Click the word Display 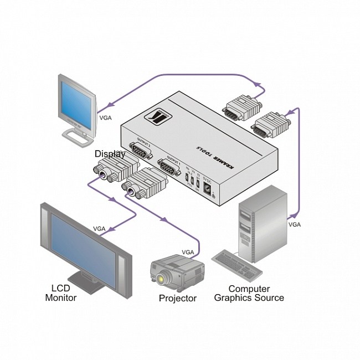click(110, 153)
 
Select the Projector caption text click(177, 299)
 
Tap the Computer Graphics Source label click(249, 293)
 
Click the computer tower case click(264, 222)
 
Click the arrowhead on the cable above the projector click(164, 221)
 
